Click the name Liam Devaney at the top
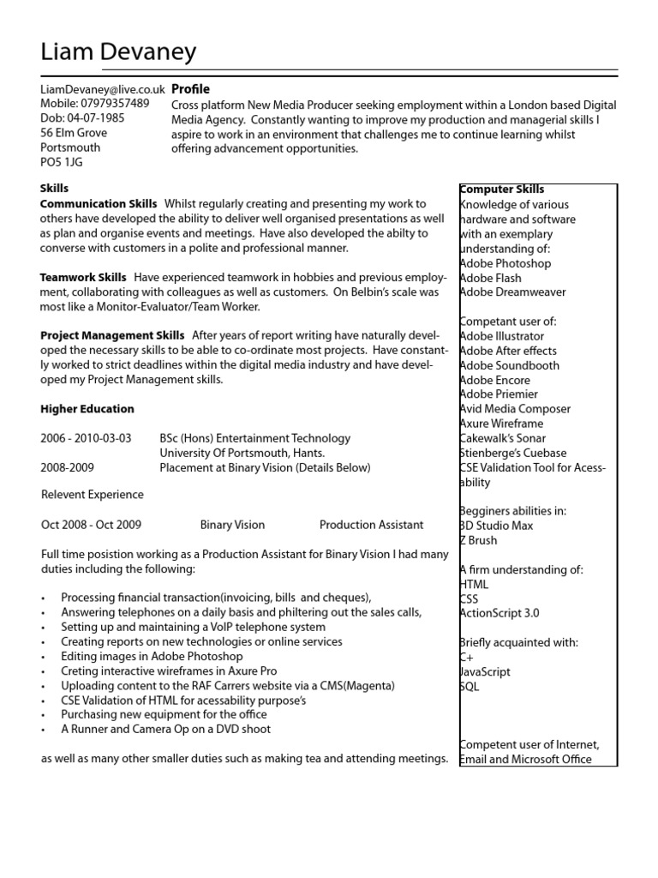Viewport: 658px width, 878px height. [x=118, y=53]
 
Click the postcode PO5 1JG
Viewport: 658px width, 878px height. [x=62, y=161]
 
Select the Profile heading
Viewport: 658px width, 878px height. [x=190, y=89]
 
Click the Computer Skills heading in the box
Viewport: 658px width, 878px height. [x=502, y=189]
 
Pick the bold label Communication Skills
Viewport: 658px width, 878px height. [x=99, y=204]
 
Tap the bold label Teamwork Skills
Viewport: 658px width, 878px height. [x=83, y=278]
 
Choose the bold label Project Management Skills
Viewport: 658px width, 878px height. [x=112, y=335]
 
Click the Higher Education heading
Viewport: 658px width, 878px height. [x=87, y=409]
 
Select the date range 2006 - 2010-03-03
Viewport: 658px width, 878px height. [x=86, y=438]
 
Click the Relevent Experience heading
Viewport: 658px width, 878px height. [x=93, y=495]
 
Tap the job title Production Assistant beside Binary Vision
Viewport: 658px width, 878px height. [x=371, y=525]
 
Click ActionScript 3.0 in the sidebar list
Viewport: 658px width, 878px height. [x=500, y=613]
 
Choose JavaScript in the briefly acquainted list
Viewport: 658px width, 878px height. [x=485, y=672]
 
